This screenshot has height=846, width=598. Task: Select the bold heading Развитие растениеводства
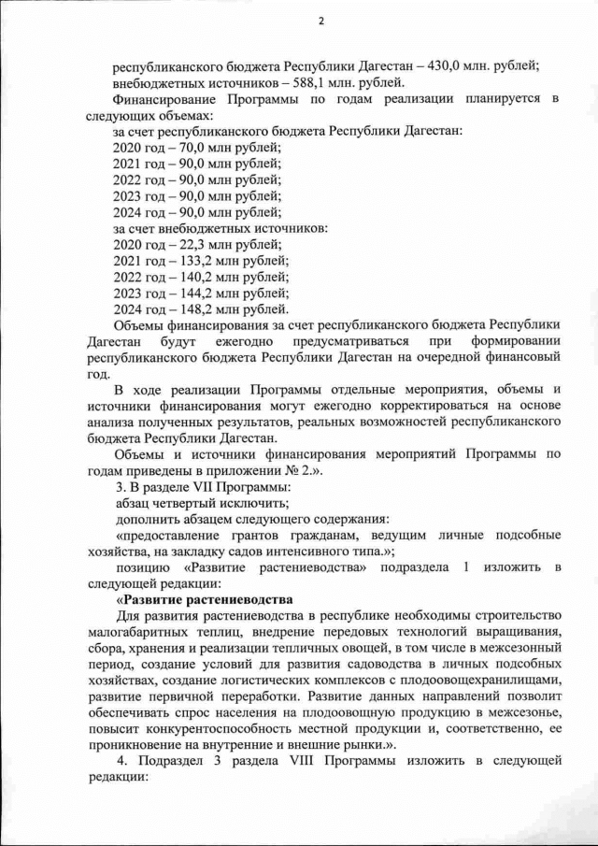(x=206, y=598)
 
